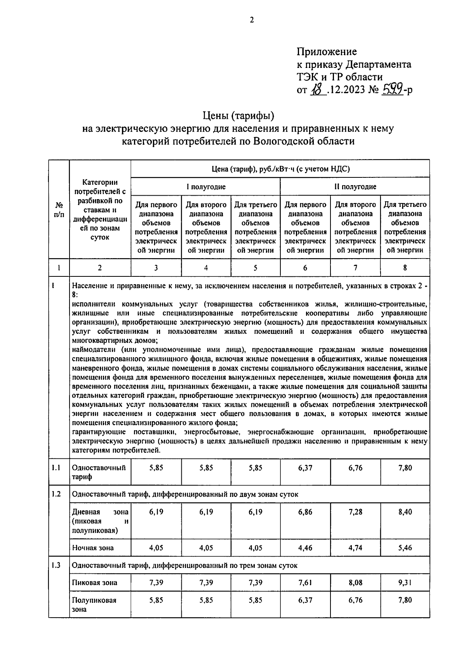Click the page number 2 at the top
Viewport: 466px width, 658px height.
(252, 20)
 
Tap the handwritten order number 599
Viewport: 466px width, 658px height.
(392, 90)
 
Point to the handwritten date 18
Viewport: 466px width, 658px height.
(318, 90)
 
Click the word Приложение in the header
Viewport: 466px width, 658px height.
(327, 52)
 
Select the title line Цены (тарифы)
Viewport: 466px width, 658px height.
(238, 115)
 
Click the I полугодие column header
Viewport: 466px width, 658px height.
(205, 187)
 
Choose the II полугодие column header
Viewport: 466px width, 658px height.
(355, 187)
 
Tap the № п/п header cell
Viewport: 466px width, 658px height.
(59, 209)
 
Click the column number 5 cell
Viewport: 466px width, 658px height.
(255, 267)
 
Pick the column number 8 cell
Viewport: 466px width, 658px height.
(405, 267)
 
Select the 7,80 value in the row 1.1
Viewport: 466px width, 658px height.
(405, 468)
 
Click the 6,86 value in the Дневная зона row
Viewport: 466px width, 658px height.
(305, 512)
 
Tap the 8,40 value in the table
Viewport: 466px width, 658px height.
(405, 512)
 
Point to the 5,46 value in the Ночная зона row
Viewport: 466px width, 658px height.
(405, 548)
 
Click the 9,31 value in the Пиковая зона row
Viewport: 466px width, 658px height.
(405, 582)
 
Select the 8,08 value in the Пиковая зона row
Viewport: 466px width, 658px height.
(355, 582)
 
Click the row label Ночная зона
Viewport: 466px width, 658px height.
(93, 548)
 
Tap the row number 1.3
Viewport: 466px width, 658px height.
(56, 565)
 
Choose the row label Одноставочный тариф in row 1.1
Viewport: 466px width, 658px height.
(99, 472)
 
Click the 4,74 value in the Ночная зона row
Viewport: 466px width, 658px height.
(355, 548)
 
